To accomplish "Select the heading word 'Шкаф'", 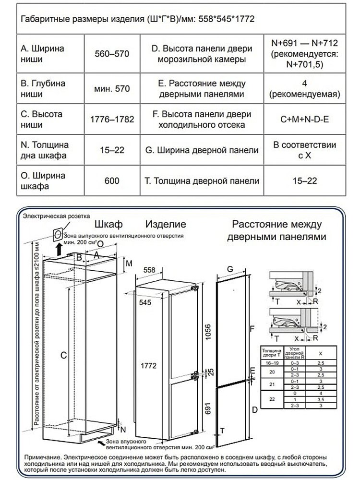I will [x=109, y=224].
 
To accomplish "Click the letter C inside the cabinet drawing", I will [x=62, y=356].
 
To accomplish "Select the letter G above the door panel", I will [x=230, y=269].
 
